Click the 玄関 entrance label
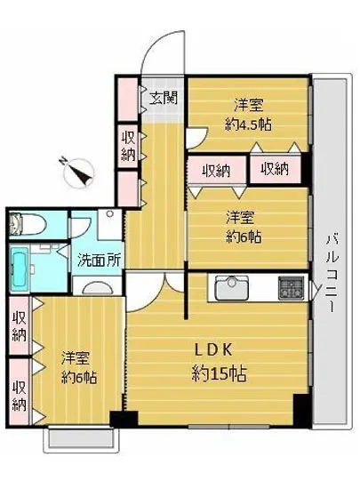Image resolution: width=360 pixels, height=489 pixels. [x=162, y=97]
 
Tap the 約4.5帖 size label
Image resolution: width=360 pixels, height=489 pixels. [x=248, y=125]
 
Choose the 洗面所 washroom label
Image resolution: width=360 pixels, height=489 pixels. [x=98, y=261]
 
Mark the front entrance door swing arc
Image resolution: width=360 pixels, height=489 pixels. [x=162, y=53]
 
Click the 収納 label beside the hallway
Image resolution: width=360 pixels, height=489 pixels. [x=128, y=148]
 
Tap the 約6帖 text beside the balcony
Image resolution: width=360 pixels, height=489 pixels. [x=242, y=236]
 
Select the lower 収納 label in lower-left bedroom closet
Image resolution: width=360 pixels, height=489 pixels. [x=19, y=397]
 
